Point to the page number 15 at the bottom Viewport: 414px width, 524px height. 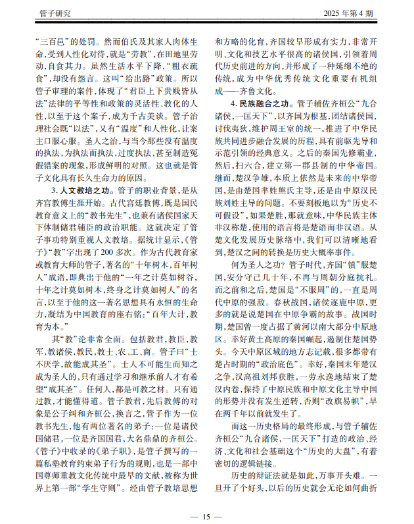206,515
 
